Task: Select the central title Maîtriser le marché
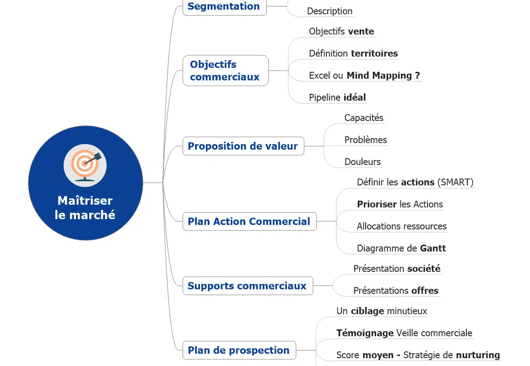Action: pos(85,208)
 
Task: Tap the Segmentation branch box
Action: pos(224,7)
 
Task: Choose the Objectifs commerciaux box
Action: pos(225,70)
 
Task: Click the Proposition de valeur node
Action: pos(243,146)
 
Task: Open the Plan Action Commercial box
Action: pos(249,221)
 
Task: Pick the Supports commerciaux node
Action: pos(247,286)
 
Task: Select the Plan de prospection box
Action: pos(238,350)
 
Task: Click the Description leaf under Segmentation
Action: pos(330,11)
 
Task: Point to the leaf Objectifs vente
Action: pos(341,32)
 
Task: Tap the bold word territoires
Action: pos(374,54)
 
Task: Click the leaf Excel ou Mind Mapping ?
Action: pos(364,75)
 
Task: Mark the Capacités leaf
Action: pos(364,118)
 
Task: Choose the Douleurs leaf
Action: pos(362,162)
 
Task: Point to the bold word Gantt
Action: pos(433,248)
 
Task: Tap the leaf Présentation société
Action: pos(397,269)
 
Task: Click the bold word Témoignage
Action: pos(365,333)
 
